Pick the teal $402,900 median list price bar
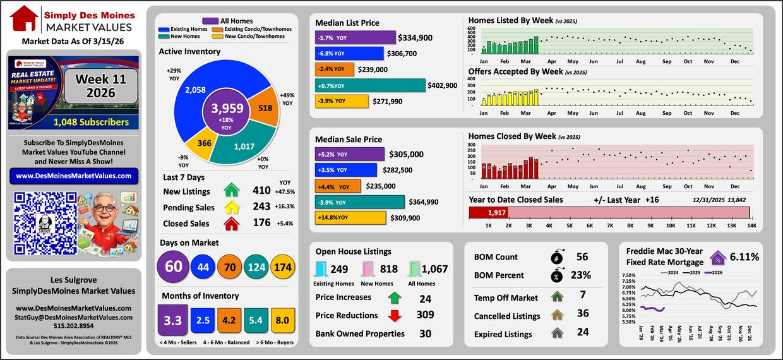370,85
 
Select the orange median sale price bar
337,186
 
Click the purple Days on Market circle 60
173,267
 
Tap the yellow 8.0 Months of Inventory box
283,320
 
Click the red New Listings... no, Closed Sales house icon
232,223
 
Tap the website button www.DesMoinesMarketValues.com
75,176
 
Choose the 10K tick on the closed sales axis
671,225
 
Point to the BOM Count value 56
582,257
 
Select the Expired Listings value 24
582,334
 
